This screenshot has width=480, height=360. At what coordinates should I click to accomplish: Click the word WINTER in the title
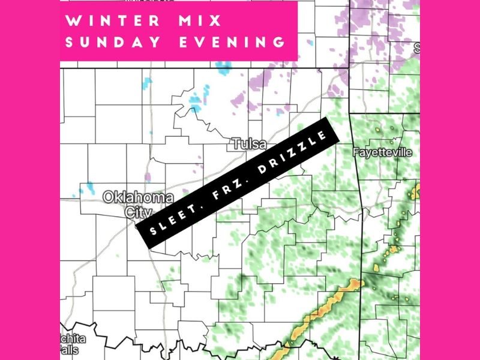[x=112, y=22]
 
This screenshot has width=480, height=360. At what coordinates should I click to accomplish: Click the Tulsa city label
[x=248, y=145]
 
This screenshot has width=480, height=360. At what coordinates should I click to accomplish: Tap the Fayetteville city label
[x=383, y=152]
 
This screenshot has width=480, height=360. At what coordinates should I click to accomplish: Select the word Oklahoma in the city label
[x=138, y=197]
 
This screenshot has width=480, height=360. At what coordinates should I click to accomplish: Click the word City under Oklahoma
[x=134, y=212]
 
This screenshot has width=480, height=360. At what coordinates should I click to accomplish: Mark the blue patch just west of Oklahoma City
[x=89, y=188]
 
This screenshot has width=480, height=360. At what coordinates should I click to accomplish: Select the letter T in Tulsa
[x=235, y=145]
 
